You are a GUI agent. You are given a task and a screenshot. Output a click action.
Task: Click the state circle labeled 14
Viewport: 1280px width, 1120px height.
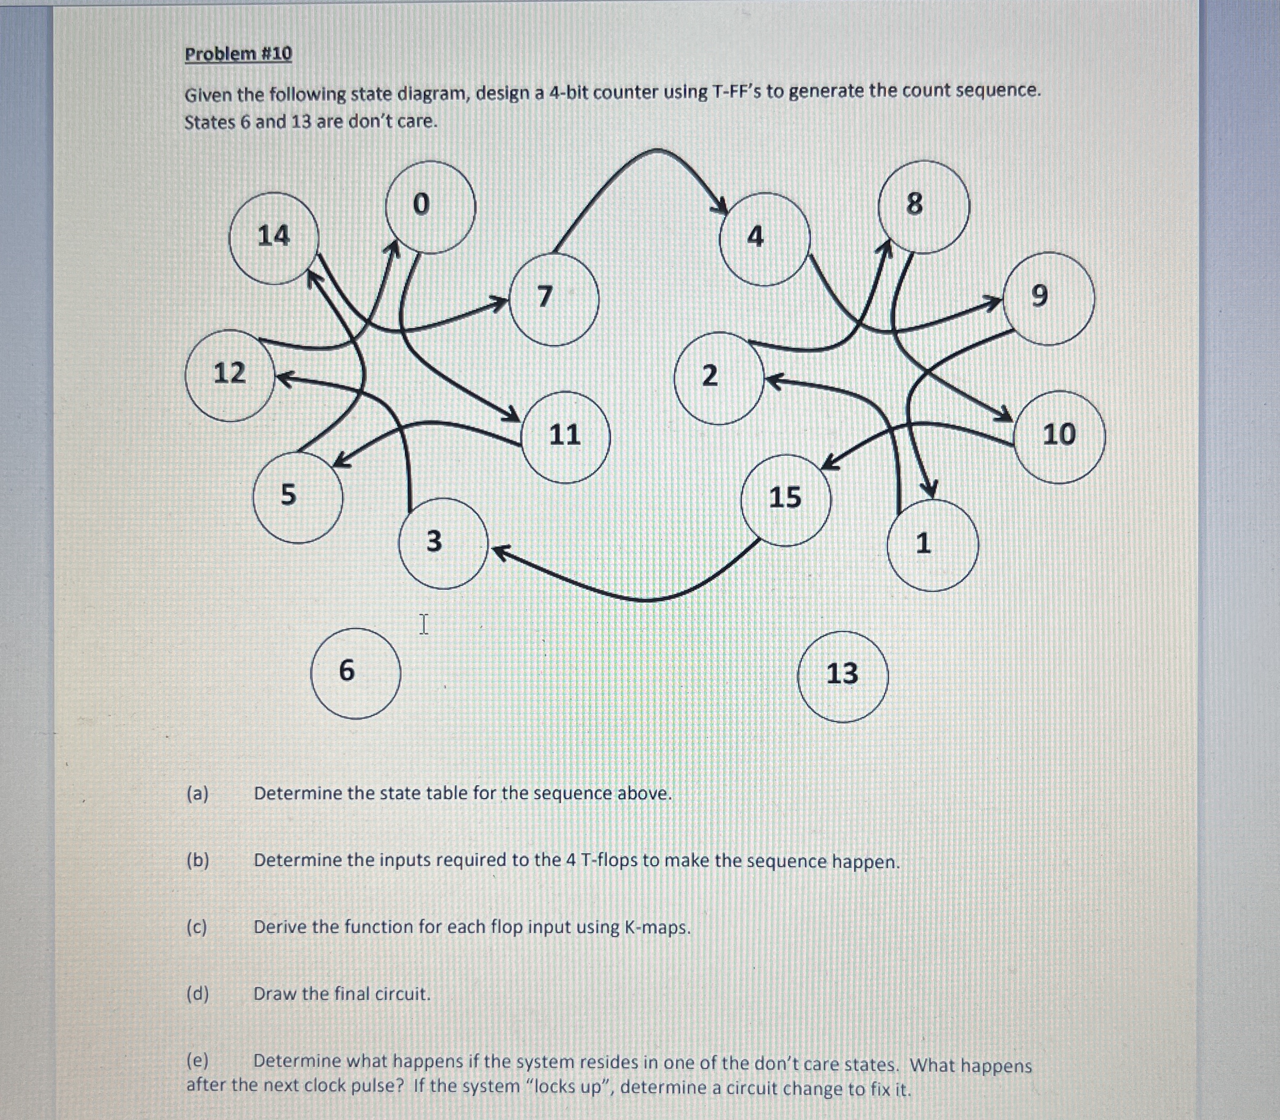tap(274, 238)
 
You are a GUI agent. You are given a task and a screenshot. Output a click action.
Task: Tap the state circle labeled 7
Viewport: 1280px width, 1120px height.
tap(554, 299)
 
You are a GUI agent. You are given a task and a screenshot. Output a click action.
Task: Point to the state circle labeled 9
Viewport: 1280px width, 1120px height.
tap(1048, 298)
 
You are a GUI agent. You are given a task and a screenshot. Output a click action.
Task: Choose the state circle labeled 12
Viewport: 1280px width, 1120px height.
tap(230, 375)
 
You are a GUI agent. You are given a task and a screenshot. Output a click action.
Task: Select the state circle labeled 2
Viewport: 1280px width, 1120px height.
tap(719, 377)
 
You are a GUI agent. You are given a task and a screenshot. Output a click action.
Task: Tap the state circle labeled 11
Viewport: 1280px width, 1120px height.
tap(565, 437)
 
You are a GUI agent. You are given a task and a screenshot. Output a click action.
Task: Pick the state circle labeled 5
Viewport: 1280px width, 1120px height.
tap(298, 497)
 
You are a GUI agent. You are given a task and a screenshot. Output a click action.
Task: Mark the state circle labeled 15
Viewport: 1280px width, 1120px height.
tap(786, 500)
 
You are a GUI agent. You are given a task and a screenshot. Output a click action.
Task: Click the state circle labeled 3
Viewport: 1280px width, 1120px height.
tap(442, 542)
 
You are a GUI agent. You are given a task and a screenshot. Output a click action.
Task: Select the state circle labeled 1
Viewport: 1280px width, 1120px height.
tap(932, 545)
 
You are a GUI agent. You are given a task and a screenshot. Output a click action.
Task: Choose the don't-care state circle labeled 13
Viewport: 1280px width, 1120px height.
tap(842, 676)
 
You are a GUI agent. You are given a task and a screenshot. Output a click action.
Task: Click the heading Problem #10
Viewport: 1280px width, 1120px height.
tap(238, 54)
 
